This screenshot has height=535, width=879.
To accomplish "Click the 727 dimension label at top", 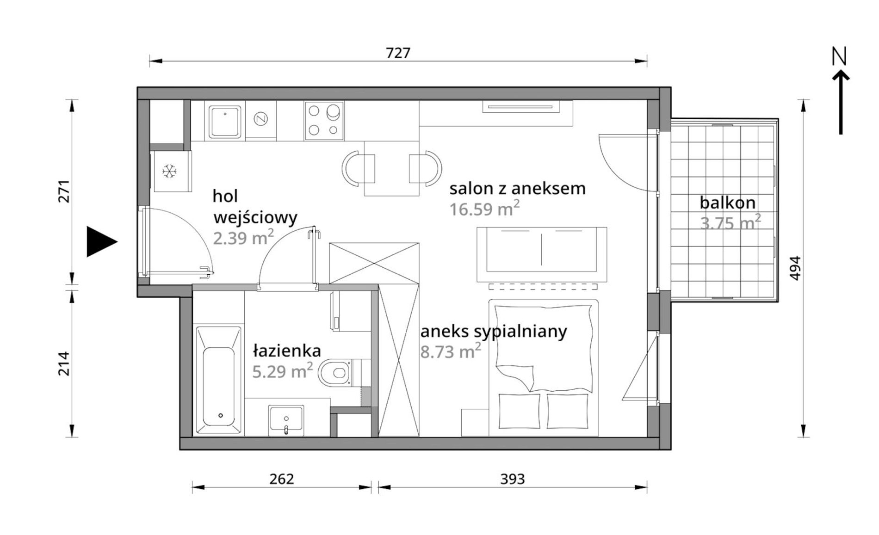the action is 398,53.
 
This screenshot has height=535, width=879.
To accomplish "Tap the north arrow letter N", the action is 839,56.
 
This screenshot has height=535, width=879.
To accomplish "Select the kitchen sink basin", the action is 225,122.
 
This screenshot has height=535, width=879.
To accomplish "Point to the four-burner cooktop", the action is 324,121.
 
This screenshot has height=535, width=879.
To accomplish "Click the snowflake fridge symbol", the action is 169,172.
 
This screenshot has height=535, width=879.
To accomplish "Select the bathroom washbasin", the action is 286,420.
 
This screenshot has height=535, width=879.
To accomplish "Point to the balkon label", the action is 727,203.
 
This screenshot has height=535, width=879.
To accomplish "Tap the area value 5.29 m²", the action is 282,370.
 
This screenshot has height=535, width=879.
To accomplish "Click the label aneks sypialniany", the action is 494,332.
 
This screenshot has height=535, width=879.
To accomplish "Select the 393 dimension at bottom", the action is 512,479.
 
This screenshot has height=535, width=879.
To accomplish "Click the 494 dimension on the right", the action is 795,268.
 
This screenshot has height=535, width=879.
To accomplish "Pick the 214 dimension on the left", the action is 63,363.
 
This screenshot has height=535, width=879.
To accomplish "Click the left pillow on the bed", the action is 519,411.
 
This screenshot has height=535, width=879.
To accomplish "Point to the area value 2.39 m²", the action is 243,238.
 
